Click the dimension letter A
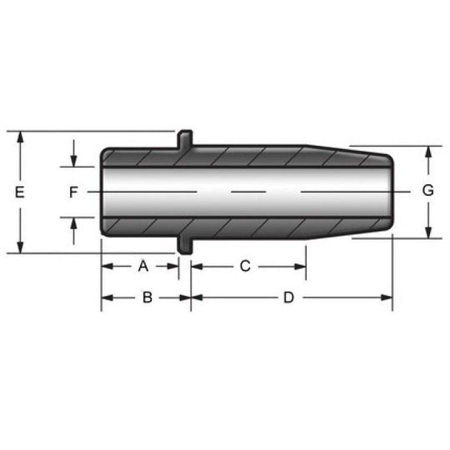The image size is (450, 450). point(143,266)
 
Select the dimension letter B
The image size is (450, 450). point(147,297)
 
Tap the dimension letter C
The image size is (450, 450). point(245,266)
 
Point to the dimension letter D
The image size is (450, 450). point(289,297)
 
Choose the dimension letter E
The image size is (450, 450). point(19,192)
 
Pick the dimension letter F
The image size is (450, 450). point(73,192)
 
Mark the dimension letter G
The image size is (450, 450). point(427,190)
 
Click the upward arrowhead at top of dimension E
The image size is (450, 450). point(20,137)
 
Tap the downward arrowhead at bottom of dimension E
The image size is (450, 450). point(20,247)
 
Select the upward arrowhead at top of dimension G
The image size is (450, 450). point(428,152)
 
